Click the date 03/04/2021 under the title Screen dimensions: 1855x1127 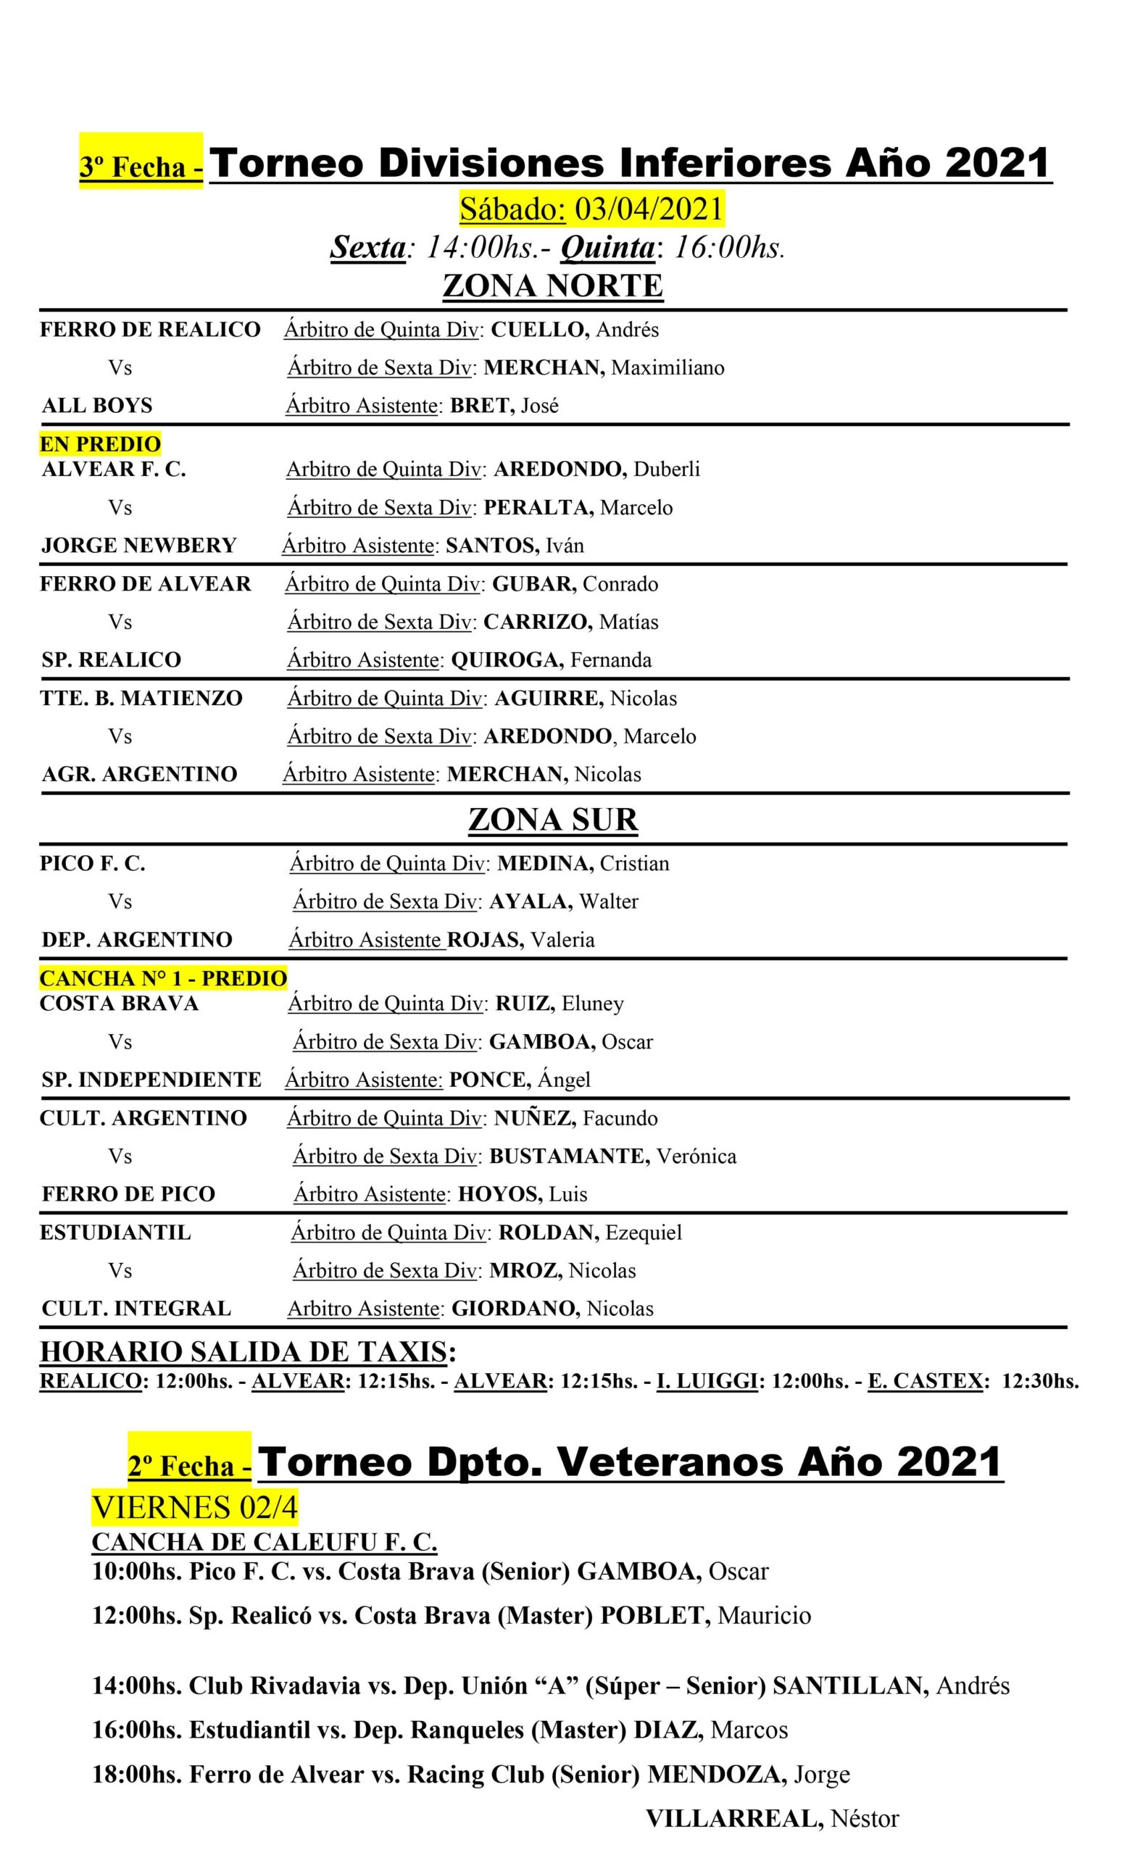click(x=648, y=209)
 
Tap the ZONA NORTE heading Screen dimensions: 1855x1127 click(x=552, y=286)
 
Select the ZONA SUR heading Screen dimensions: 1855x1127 click(x=552, y=820)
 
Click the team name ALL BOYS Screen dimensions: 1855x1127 click(x=97, y=406)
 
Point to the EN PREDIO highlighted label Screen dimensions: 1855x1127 click(x=100, y=444)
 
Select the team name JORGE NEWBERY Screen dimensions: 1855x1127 click(x=139, y=545)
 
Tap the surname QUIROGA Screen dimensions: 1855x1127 click(x=507, y=660)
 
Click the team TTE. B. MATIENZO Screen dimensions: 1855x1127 click(x=141, y=699)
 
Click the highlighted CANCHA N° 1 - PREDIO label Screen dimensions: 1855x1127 click(x=163, y=979)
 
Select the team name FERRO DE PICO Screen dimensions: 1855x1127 click(x=129, y=1194)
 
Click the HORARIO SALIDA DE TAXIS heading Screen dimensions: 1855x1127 click(x=244, y=1352)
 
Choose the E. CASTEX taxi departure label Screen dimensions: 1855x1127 click(x=926, y=1380)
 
